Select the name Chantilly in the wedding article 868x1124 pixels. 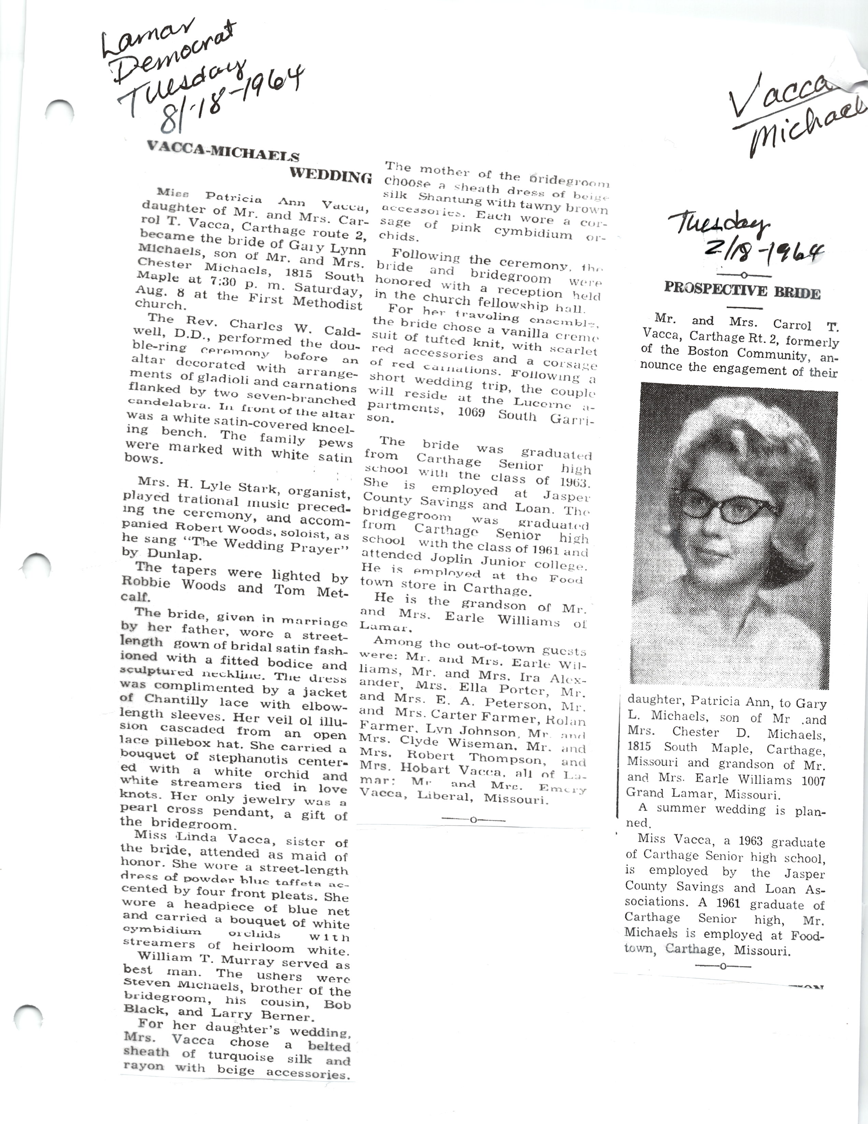coord(176,700)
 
